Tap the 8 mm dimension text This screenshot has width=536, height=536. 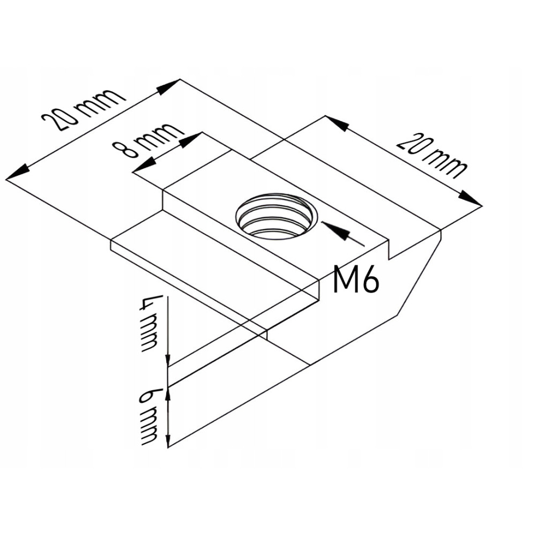[x=148, y=140]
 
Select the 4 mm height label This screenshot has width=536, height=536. [x=148, y=323]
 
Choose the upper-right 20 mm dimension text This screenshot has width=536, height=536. [x=431, y=156]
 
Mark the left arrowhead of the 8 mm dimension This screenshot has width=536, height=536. [x=143, y=167]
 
